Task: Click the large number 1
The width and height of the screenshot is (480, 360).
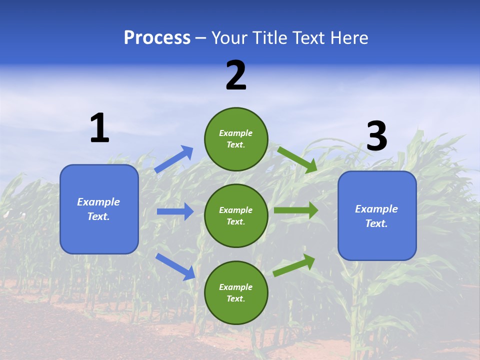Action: tap(99, 128)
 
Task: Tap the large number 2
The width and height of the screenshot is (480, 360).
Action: tap(236, 75)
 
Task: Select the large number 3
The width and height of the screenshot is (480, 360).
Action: tap(377, 136)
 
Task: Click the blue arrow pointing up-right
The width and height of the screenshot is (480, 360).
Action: tap(174, 159)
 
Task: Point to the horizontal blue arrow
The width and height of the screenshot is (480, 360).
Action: tap(175, 211)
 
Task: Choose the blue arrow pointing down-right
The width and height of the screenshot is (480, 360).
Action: tap(175, 266)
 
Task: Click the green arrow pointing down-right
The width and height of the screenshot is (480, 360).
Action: tap(297, 159)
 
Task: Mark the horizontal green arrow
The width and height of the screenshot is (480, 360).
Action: tap(296, 210)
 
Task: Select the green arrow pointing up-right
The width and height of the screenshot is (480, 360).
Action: tap(294, 265)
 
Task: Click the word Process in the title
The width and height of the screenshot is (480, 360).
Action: tap(157, 37)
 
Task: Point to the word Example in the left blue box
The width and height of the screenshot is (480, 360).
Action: tap(98, 202)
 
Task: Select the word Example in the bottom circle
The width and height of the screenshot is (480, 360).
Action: tap(236, 287)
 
